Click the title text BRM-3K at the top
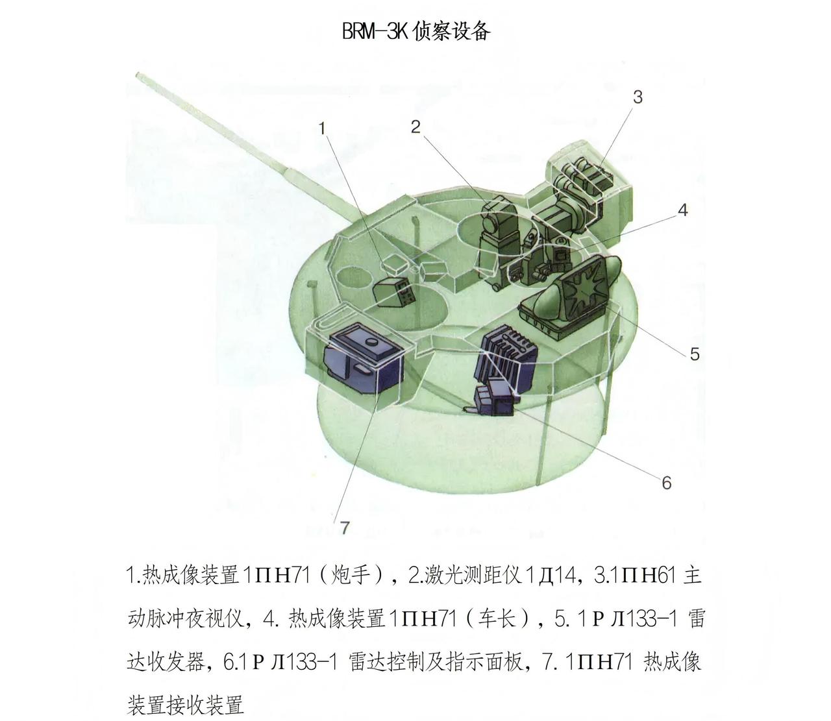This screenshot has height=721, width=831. [x=375, y=31]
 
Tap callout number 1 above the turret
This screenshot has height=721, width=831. [x=322, y=128]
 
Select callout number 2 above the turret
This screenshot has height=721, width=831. [x=415, y=127]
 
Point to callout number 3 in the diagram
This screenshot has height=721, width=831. [x=638, y=97]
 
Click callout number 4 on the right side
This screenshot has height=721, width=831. [x=683, y=210]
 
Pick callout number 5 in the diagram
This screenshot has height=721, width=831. [x=695, y=354]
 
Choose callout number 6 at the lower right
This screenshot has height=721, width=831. [x=667, y=483]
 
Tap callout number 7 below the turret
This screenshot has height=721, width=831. [x=344, y=528]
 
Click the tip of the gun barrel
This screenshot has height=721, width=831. [x=138, y=75]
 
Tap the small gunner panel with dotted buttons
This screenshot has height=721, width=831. [x=110, y=292]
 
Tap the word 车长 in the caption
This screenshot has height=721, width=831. [x=497, y=618]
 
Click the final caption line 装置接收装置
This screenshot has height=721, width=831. [x=186, y=705]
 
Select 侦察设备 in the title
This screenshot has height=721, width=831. [x=451, y=31]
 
